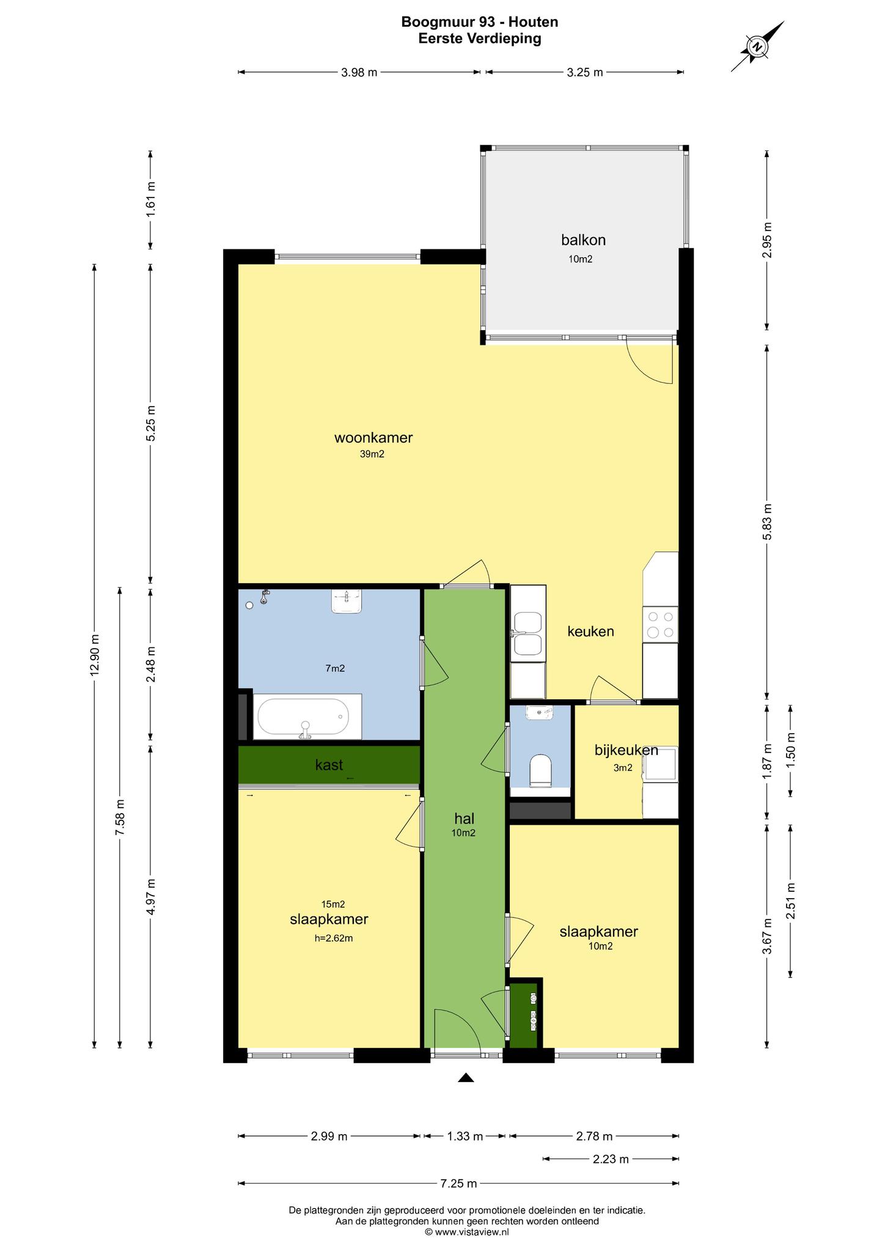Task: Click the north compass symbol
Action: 758,47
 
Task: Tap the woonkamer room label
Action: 373,438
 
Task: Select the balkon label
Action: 584,240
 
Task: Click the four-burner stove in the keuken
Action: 661,624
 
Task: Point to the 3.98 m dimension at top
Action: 359,73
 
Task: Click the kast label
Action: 329,765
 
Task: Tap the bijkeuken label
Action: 626,750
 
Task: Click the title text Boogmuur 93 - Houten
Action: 480,23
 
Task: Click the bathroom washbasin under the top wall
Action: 347,601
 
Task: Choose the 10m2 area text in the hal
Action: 464,833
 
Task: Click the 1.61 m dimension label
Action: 151,200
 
